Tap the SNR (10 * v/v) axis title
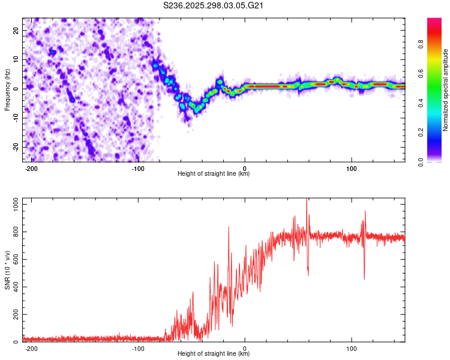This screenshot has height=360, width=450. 8,271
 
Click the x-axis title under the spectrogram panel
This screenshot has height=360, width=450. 214,174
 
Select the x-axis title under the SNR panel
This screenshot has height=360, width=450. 214,354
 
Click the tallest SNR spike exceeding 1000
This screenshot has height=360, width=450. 307,200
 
